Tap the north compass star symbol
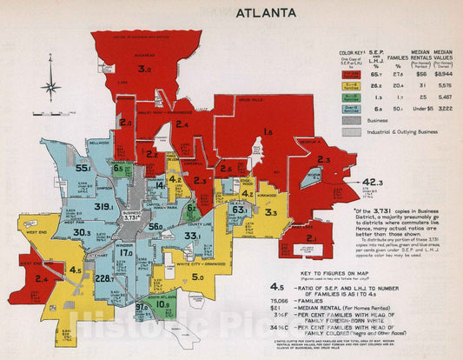[x=50, y=88]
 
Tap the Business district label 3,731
[x=133, y=217]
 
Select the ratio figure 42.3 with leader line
[x=373, y=182]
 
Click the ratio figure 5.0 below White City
[x=198, y=278]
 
